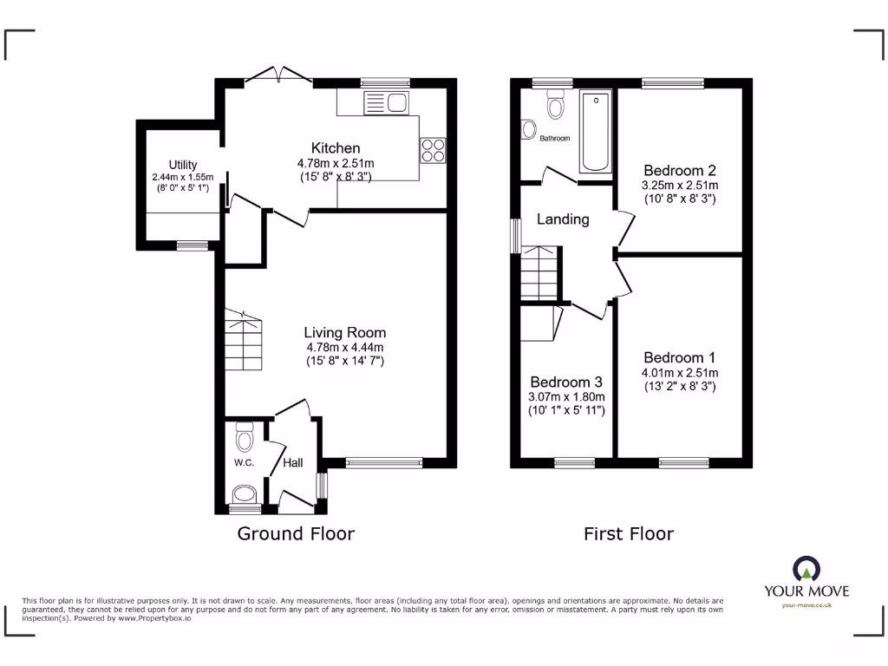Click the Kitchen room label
click(x=336, y=148)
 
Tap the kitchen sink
click(x=387, y=103)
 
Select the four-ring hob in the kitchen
click(x=433, y=151)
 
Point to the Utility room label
click(x=183, y=165)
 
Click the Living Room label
click(x=344, y=332)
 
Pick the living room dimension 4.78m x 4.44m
click(x=344, y=347)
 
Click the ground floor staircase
click(x=243, y=342)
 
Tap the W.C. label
click(x=244, y=463)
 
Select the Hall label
click(x=292, y=464)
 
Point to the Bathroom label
click(x=555, y=139)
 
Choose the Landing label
click(x=563, y=219)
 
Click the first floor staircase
click(x=539, y=272)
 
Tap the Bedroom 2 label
click(x=679, y=170)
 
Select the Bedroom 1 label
click(x=679, y=357)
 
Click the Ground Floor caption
click(x=296, y=533)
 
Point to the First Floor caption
click(x=628, y=533)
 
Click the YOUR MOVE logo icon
click(x=806, y=568)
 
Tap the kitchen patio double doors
click(x=278, y=76)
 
